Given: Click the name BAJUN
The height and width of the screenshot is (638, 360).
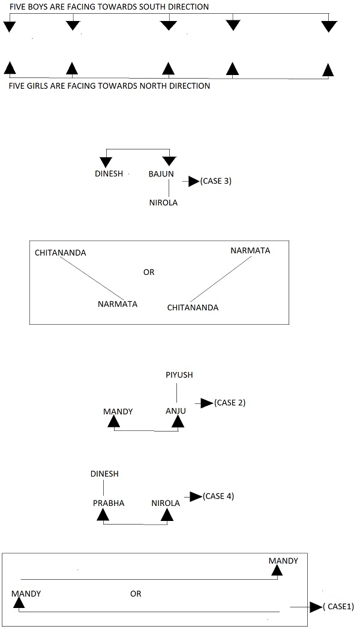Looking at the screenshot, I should pos(161,174).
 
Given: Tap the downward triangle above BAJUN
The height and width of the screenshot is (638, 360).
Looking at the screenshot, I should pos(169,161).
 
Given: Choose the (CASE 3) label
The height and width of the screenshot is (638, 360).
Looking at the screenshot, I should pos(216,181).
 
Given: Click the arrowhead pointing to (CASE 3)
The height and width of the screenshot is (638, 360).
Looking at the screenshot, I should pos(193,181).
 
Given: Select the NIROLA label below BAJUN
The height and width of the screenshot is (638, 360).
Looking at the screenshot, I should pos(163,202).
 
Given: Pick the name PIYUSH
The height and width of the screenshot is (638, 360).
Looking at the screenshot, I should pos(179,375).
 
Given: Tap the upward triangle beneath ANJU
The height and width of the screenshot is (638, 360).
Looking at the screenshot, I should pos(178,423).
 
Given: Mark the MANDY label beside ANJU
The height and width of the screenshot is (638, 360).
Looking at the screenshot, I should pos(118,412).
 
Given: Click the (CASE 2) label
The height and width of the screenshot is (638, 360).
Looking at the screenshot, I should pos(230,403).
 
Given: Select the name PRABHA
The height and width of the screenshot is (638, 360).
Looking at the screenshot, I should pos(109,503).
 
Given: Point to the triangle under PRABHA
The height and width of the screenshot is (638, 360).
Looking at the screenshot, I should pos(103,514).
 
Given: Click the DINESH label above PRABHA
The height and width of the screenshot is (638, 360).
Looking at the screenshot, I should pos(104,474).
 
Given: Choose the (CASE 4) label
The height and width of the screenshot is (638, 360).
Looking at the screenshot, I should pos(218,496).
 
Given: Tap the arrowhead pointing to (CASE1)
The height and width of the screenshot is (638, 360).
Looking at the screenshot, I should pos(316,607).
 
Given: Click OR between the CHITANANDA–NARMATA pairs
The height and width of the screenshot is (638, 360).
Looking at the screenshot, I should pos(149,272).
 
